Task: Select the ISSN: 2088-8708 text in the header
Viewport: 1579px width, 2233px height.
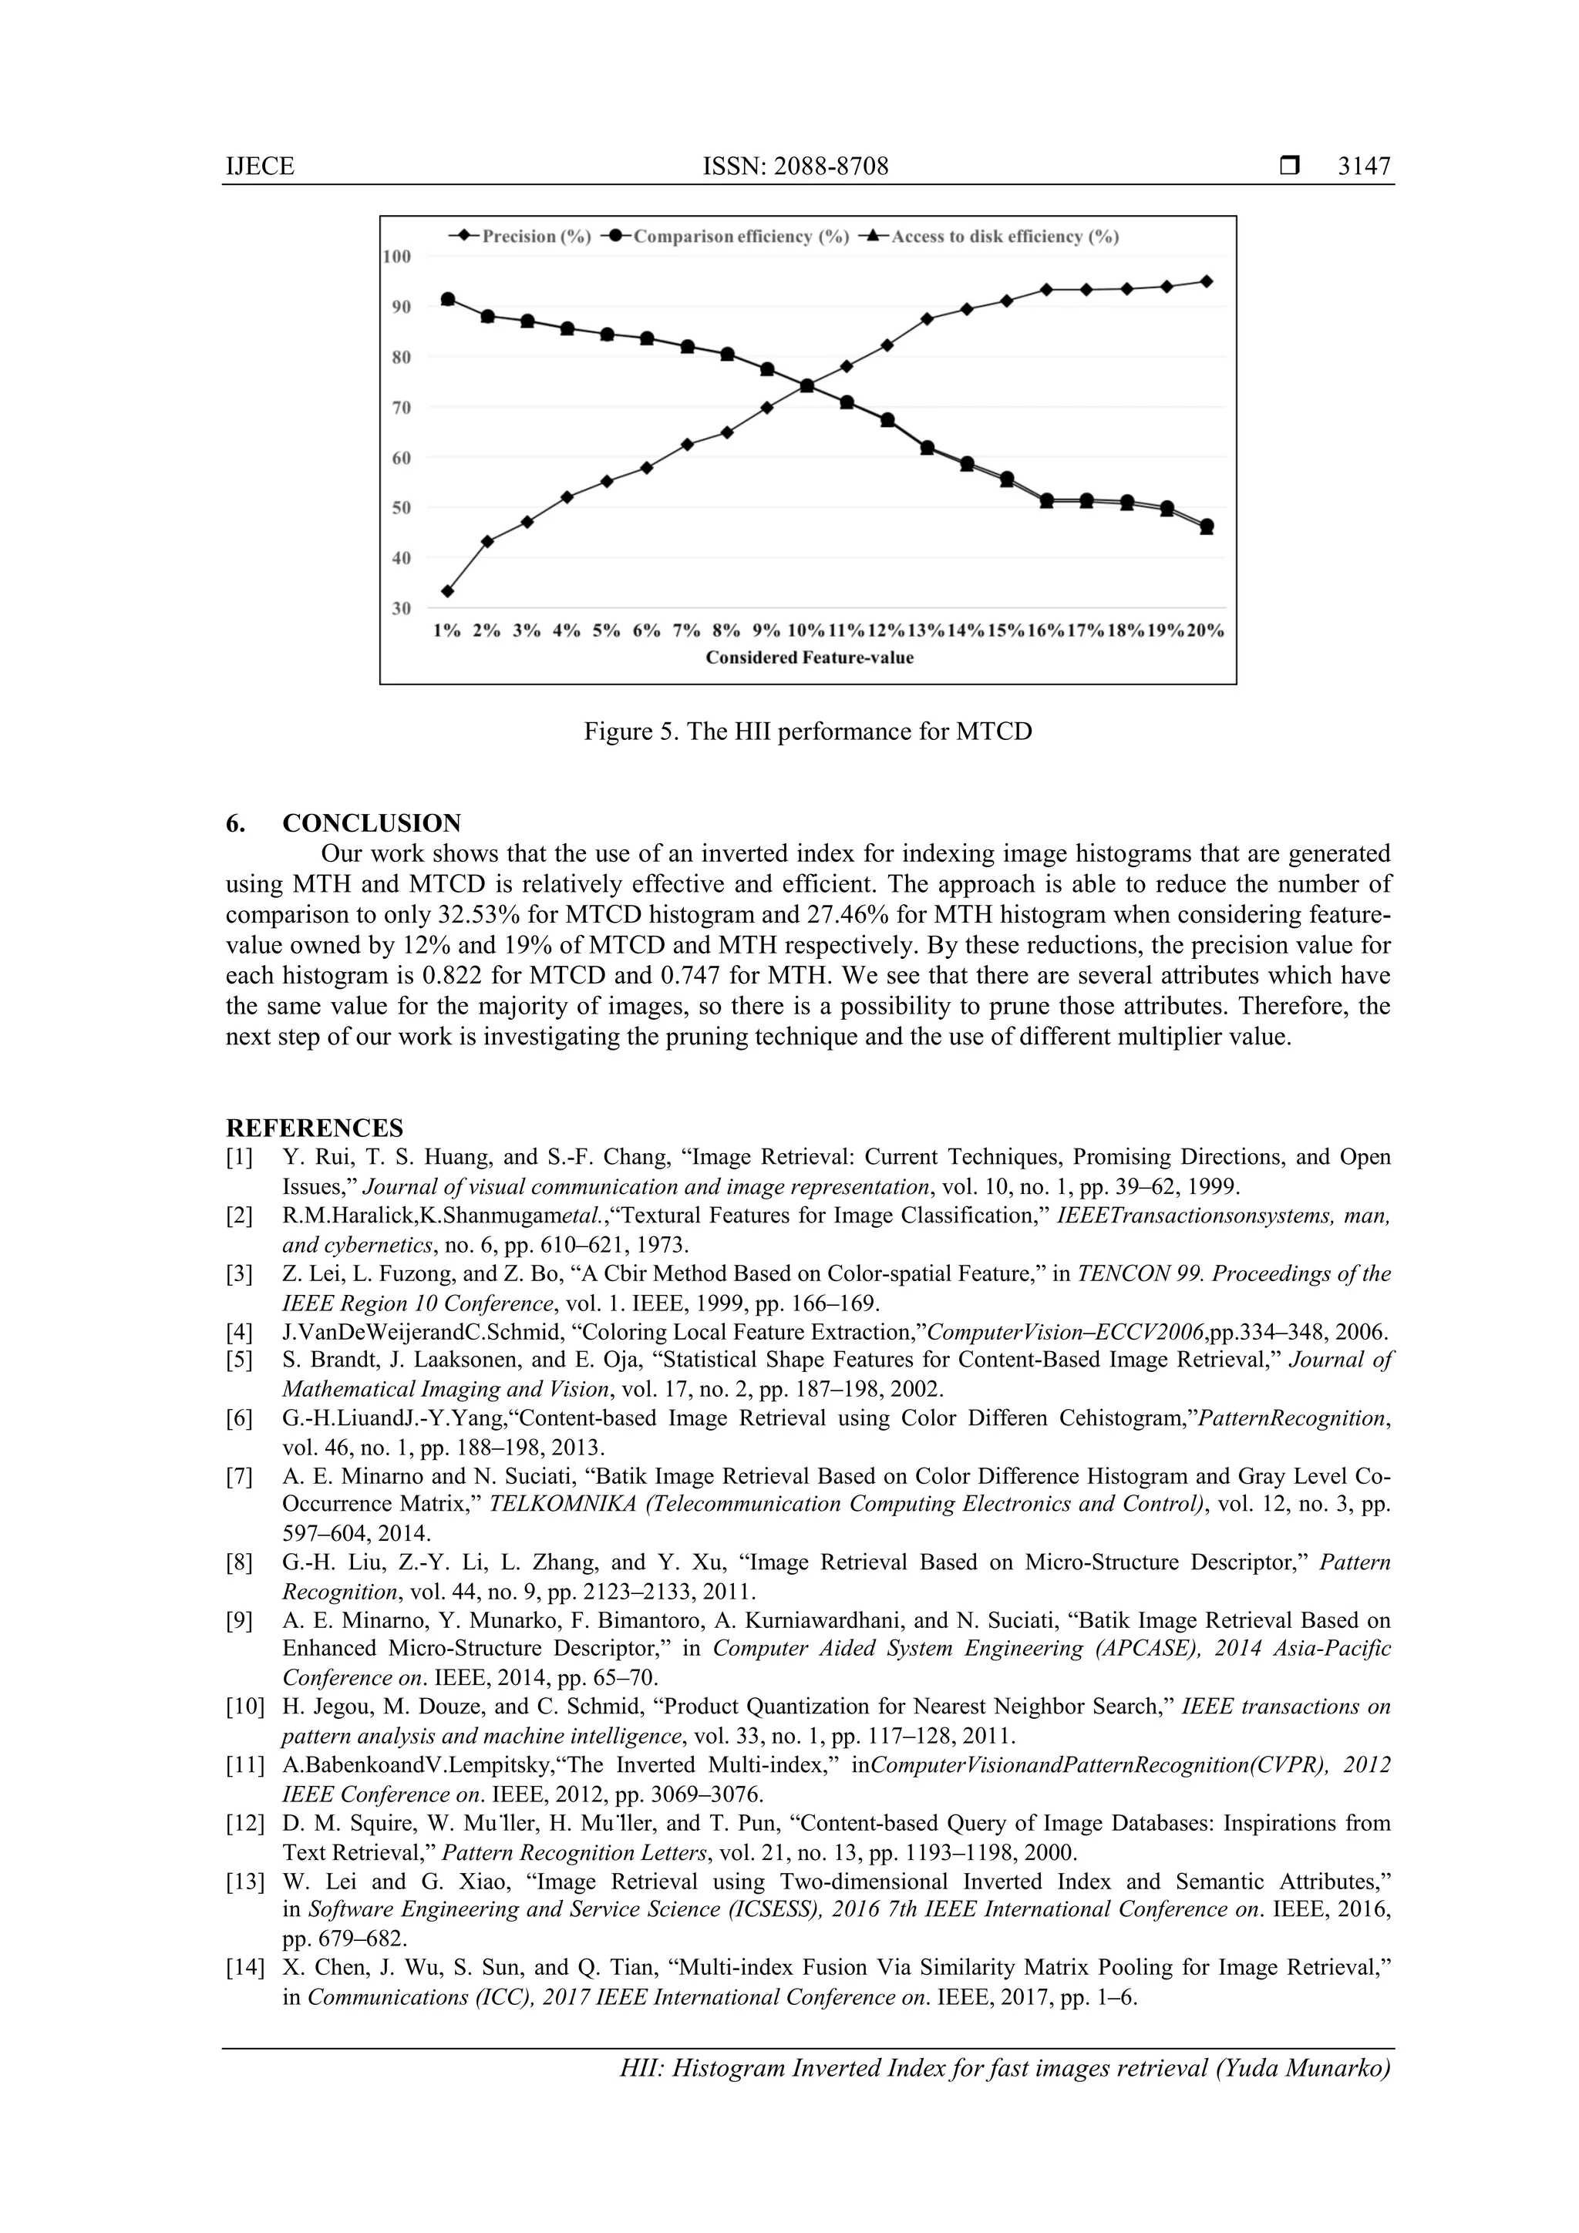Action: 795,166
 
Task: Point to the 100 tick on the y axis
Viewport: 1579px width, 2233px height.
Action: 397,257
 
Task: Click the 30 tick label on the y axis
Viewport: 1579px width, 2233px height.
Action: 401,608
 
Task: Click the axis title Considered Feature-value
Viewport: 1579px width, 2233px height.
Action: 809,657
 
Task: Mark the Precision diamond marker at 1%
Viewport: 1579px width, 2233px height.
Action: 447,590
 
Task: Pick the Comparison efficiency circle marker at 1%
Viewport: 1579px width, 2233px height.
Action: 447,298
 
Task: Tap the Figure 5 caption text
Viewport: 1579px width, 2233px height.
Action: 807,731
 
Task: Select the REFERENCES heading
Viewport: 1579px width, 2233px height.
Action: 315,1128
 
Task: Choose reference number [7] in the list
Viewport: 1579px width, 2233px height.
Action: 239,1476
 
